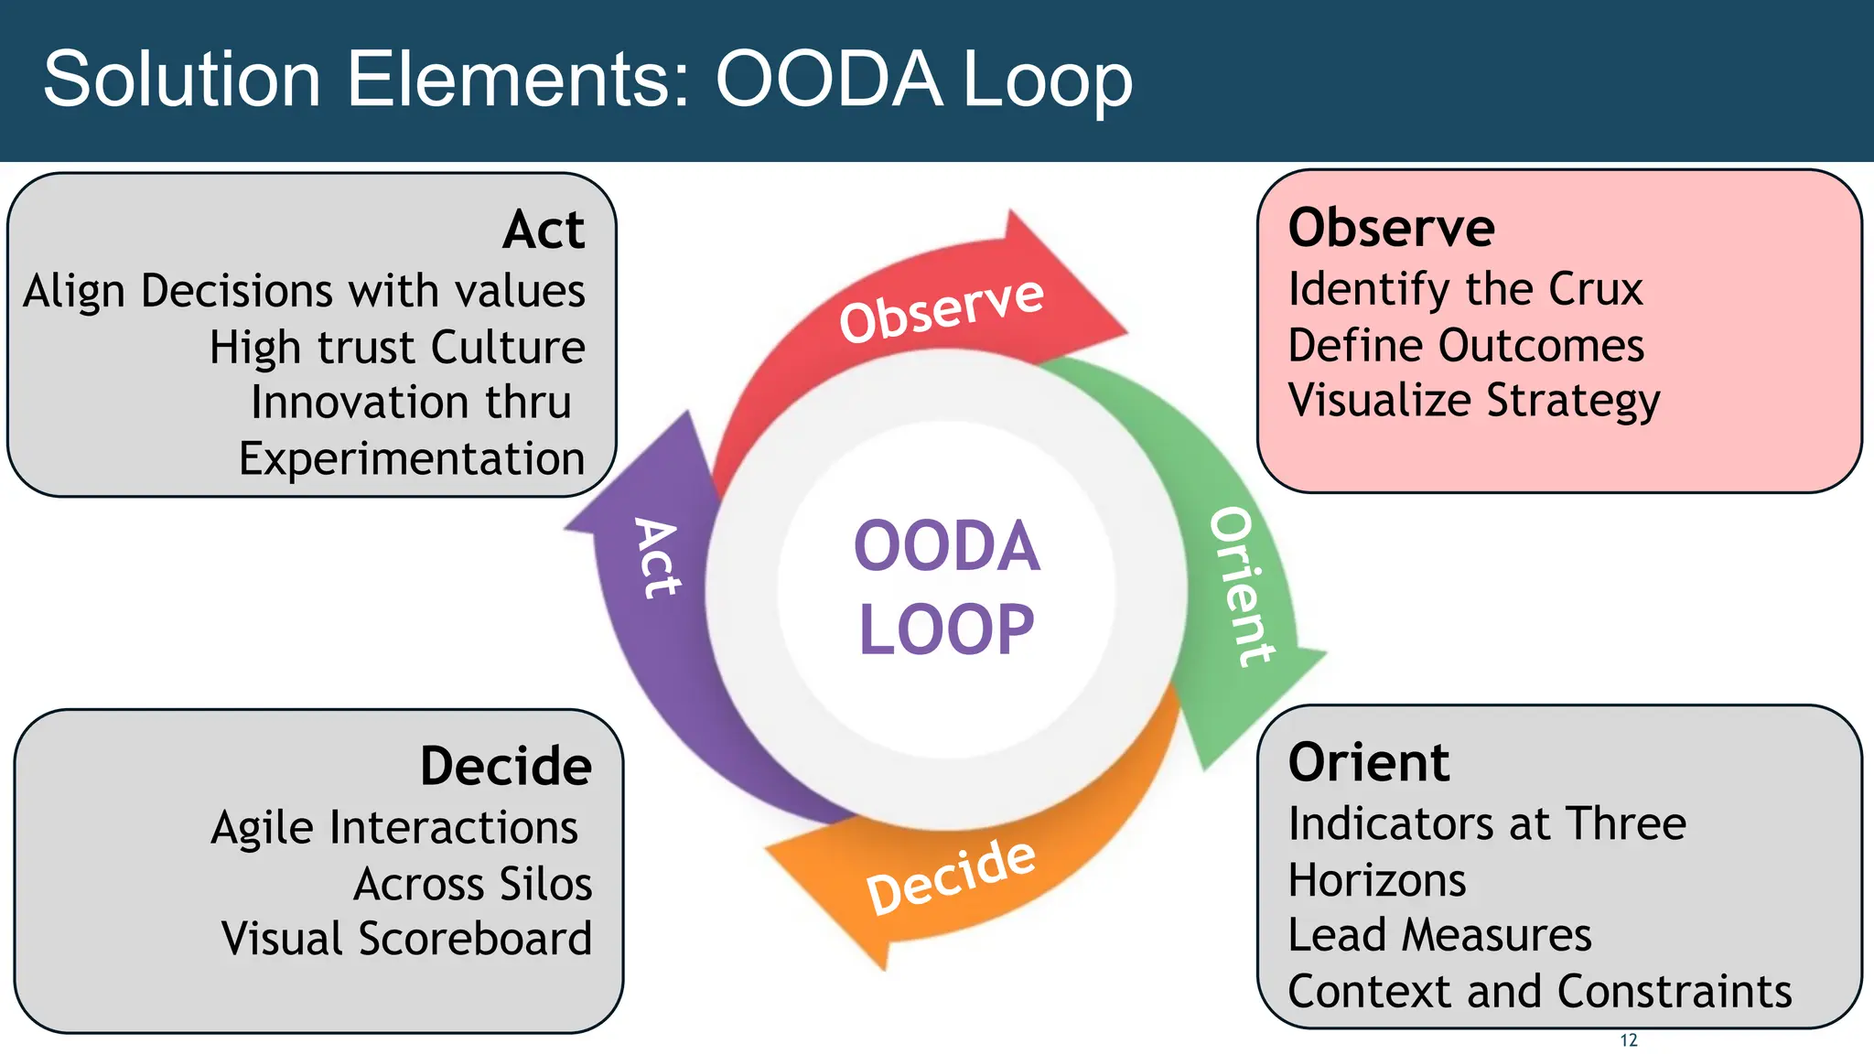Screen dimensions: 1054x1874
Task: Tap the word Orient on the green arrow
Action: tap(1243, 586)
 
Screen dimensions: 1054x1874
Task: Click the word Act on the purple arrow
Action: tap(658, 559)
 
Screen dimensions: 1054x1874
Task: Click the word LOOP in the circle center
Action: tap(946, 629)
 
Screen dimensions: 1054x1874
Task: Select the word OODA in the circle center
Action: tap(946, 546)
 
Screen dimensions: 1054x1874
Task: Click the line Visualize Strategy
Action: tap(1473, 401)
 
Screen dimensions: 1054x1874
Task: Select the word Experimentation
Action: tap(412, 458)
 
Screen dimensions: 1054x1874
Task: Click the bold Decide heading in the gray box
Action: tap(505, 766)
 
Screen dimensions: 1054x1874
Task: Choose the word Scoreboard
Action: tap(475, 939)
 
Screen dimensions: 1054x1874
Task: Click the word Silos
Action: tap(544, 884)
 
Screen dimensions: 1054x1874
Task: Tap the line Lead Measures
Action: tap(1439, 935)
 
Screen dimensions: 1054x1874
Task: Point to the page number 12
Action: tap(1629, 1040)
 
